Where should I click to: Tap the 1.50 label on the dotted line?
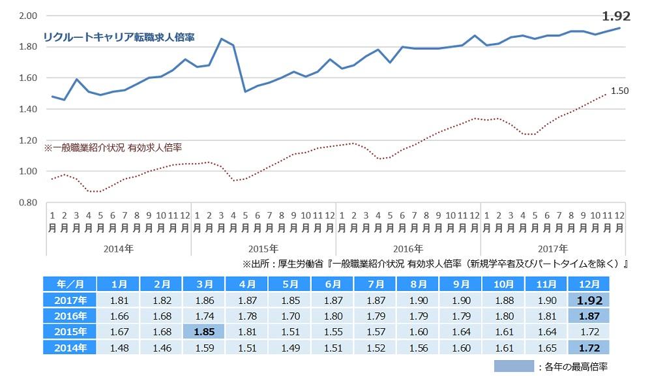(619, 91)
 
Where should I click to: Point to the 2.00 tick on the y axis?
(27, 16)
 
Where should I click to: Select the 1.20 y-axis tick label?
(27, 140)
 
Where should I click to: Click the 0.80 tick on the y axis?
(27, 203)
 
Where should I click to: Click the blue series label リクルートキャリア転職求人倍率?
(119, 38)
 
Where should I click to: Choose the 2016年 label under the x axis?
(408, 249)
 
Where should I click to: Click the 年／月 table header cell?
(69, 284)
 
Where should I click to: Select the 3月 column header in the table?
(205, 284)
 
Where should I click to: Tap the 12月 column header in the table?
(589, 284)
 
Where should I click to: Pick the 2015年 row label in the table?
(69, 331)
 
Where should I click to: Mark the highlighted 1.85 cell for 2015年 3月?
(205, 331)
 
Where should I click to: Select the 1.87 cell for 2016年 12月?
(589, 316)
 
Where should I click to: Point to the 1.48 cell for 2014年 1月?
(119, 347)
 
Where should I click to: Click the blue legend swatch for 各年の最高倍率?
(514, 366)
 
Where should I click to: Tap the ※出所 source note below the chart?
(434, 264)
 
